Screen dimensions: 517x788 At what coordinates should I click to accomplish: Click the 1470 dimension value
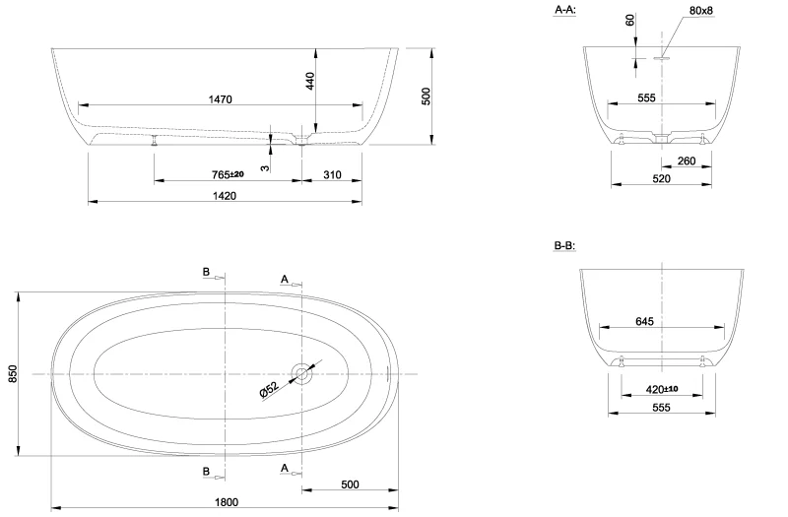(x=222, y=98)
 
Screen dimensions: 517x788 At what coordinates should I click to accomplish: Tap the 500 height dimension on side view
(x=426, y=96)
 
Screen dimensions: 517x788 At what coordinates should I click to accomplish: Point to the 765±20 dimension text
(x=229, y=174)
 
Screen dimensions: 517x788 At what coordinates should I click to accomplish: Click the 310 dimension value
(x=331, y=174)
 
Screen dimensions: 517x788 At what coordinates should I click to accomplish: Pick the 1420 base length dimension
(x=225, y=196)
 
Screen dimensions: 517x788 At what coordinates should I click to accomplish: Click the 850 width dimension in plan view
(x=13, y=374)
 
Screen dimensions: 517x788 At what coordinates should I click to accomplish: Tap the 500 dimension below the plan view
(x=350, y=484)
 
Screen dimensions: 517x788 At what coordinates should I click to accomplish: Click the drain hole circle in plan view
(x=301, y=374)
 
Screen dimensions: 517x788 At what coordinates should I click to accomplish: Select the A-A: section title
(x=565, y=9)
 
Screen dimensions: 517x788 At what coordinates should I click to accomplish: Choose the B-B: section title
(x=565, y=245)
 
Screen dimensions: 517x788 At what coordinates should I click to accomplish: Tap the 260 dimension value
(x=687, y=162)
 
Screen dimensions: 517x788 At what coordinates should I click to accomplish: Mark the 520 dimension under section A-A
(x=661, y=178)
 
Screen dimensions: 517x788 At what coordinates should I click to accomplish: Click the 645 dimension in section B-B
(x=645, y=321)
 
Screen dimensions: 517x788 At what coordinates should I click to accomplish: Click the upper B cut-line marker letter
(x=206, y=271)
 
